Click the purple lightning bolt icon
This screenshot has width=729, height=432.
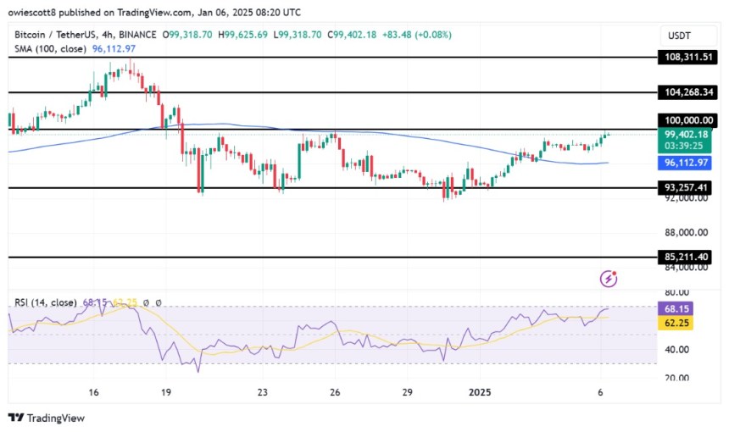coord(608,279)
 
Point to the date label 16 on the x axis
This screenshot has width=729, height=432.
coord(94,392)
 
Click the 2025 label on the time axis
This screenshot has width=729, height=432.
coord(479,392)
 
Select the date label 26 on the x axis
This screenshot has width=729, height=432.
coord(335,392)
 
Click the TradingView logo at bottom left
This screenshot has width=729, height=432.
coord(47,418)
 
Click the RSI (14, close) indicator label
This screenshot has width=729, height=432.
coord(42,302)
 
